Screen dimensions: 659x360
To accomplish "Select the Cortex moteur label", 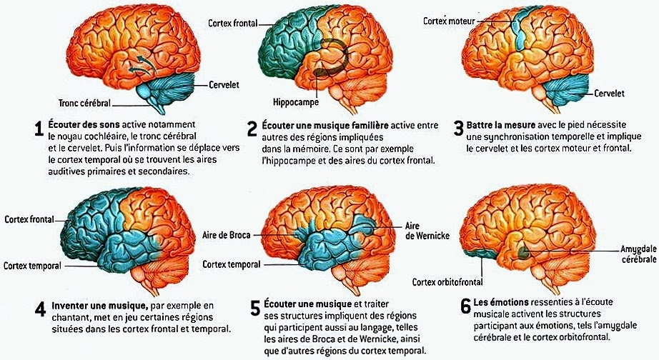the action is tap(448, 21).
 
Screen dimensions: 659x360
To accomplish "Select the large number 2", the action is tap(252, 129).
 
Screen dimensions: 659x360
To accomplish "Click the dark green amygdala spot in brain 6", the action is tap(524, 251).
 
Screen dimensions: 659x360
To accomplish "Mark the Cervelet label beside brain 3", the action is tap(609, 94).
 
